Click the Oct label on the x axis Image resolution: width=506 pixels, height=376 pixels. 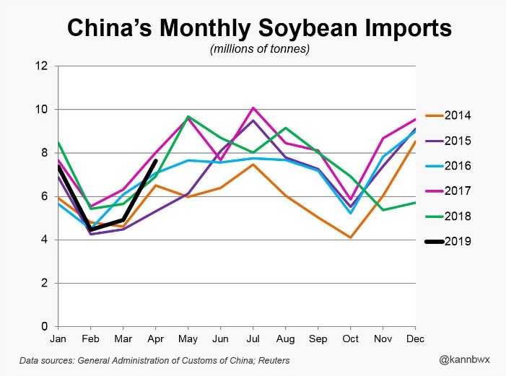(350, 338)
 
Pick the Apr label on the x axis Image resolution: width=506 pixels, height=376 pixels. (156, 338)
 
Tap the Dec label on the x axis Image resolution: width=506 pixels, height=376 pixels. (416, 338)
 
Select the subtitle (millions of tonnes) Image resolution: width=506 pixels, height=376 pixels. (253, 49)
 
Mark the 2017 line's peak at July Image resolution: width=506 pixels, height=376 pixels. (252, 108)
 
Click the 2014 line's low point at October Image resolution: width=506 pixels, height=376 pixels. (350, 237)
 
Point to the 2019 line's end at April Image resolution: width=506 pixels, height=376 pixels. (156, 161)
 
